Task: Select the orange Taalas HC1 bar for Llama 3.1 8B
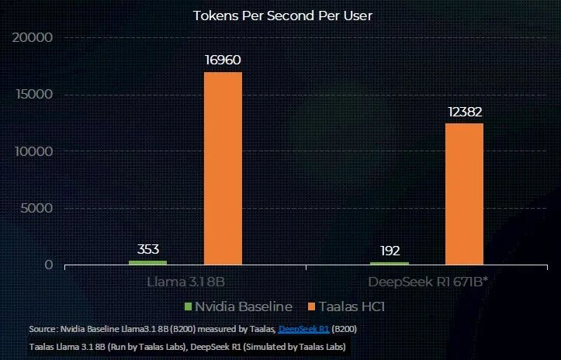pos(223,168)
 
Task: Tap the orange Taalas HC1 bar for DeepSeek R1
pos(464,193)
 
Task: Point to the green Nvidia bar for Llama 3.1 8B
pos(147,263)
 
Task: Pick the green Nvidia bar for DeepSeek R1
pos(390,264)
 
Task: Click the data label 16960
pos(223,60)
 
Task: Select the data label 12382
pos(465,111)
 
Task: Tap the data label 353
pos(148,249)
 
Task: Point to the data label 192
pos(390,251)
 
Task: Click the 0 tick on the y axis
pos(48,265)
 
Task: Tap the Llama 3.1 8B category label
pos(185,281)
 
